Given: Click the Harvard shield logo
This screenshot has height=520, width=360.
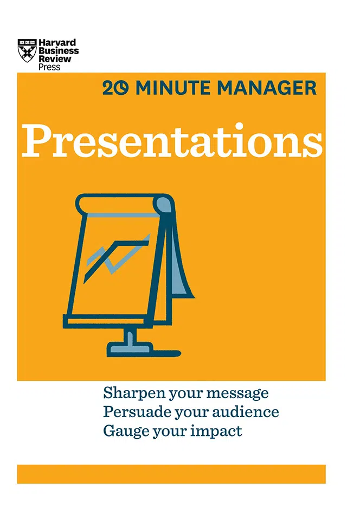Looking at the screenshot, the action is tap(27, 50).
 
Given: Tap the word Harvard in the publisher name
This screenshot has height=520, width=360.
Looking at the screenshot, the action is tap(57, 42).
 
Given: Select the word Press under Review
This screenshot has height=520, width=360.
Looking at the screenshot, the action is tap(49, 67).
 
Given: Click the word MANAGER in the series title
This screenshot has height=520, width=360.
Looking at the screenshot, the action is tap(267, 88).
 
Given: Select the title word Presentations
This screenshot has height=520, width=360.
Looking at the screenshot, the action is tap(172, 141).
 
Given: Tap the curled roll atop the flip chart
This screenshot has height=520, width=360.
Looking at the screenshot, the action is tap(124, 204).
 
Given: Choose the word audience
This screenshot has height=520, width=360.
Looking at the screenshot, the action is tap(245, 412).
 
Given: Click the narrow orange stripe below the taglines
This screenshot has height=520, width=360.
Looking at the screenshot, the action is tap(171, 474).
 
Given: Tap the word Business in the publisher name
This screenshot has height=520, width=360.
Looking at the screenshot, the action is tap(59, 51).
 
